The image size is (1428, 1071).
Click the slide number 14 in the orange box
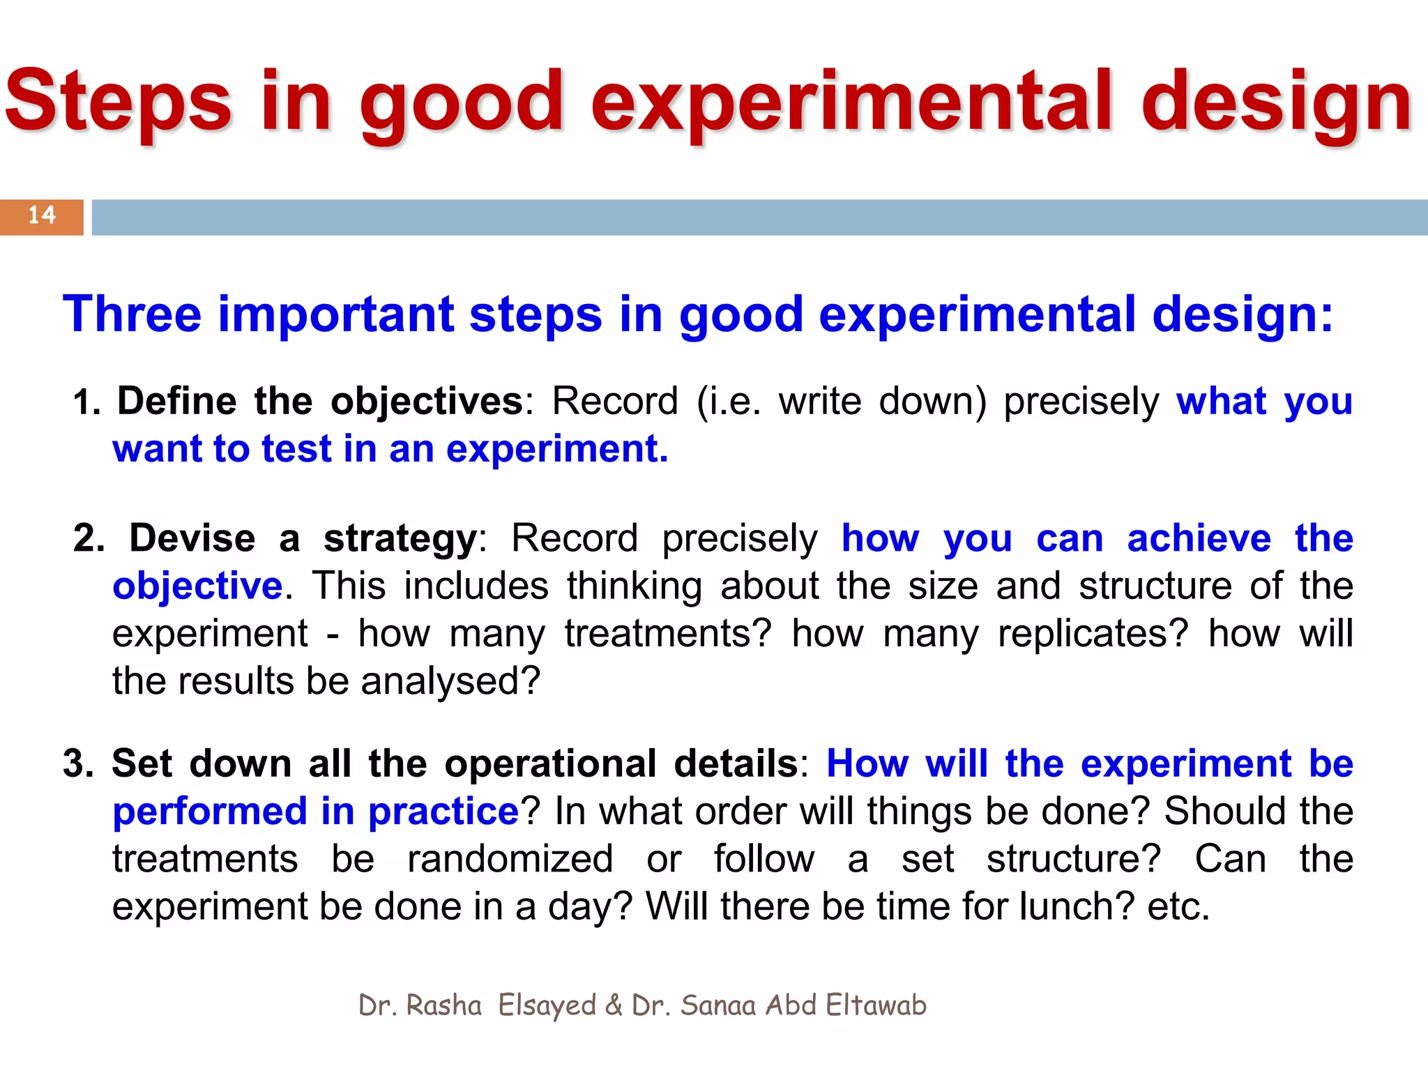tap(42, 215)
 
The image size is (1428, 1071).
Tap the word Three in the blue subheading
tap(132, 314)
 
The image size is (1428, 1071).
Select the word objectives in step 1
tap(426, 402)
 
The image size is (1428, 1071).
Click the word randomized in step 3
tap(510, 859)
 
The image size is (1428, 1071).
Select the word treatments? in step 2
tap(668, 634)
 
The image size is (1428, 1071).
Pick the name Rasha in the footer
tap(443, 1005)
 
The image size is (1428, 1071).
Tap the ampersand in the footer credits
tap(614, 1005)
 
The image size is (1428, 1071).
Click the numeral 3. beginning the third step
tap(78, 764)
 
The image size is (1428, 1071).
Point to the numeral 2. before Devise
tap(89, 539)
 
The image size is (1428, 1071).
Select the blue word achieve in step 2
tap(1199, 539)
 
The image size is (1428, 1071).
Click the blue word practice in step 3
tap(443, 812)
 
